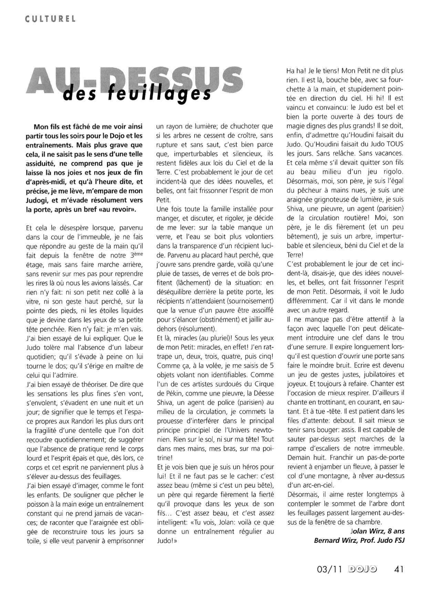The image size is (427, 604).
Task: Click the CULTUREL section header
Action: point(50,19)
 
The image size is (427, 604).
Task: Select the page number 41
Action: point(398,569)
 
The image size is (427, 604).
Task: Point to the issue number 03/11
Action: point(329,569)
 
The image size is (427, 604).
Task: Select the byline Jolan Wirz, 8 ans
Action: point(377,531)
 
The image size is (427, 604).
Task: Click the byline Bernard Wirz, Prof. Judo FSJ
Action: point(359,540)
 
